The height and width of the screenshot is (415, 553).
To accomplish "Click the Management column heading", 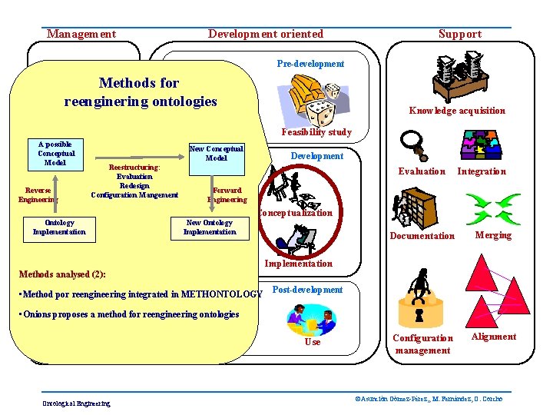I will pyautogui.click(x=81, y=34).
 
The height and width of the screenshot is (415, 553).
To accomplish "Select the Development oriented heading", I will pyautogui.click(x=266, y=34).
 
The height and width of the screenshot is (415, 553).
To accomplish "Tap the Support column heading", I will pyautogui.click(x=460, y=34).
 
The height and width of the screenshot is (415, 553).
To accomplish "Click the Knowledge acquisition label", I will pyautogui.click(x=457, y=111).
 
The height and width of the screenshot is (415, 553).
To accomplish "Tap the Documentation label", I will pyautogui.click(x=422, y=236).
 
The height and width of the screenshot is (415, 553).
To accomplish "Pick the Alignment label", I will pyautogui.click(x=493, y=337).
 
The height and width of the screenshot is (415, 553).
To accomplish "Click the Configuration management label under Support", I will pyautogui.click(x=422, y=344).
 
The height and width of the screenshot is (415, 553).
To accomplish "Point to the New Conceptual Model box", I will pyautogui.click(x=216, y=153).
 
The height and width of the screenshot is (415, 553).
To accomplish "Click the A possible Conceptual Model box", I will pyautogui.click(x=55, y=153).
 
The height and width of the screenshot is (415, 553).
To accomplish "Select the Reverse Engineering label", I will pyautogui.click(x=38, y=194).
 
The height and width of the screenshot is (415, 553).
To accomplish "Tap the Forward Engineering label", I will pyautogui.click(x=227, y=194).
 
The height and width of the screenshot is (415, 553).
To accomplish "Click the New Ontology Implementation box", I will pyautogui.click(x=210, y=227).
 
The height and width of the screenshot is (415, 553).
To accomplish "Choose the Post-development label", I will pyautogui.click(x=307, y=290).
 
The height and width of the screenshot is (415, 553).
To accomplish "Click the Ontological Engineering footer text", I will pyautogui.click(x=76, y=403).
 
